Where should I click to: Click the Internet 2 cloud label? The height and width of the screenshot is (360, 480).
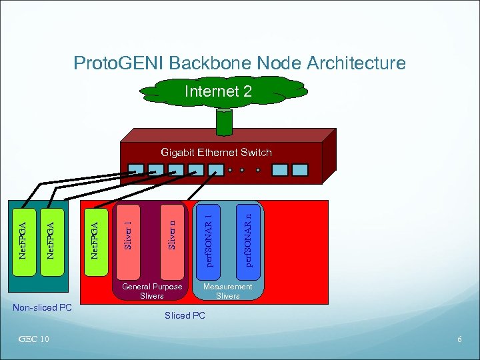click(x=218, y=91)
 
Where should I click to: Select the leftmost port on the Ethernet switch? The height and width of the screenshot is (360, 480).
click(x=137, y=170)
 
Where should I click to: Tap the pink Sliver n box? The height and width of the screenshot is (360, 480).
click(x=171, y=239)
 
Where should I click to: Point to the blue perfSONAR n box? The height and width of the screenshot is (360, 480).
click(x=247, y=237)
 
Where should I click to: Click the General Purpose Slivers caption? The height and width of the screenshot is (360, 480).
click(x=152, y=291)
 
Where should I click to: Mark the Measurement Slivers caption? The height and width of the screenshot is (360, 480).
click(x=228, y=291)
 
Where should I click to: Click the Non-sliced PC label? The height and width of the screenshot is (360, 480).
click(x=43, y=307)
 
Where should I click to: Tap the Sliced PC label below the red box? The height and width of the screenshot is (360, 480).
click(x=185, y=315)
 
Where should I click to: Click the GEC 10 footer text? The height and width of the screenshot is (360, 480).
click(x=34, y=339)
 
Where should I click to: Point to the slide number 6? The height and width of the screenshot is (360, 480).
click(x=459, y=339)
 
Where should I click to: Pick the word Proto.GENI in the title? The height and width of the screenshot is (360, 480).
click(x=119, y=63)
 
